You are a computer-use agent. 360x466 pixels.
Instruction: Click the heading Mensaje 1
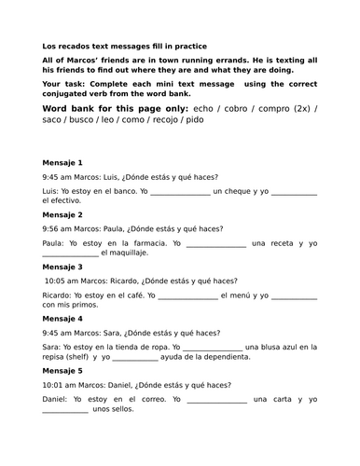click(x=62, y=162)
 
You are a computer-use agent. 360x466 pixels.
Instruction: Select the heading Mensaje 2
click(x=62, y=213)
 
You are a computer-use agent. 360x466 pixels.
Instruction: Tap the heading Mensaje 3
click(x=62, y=267)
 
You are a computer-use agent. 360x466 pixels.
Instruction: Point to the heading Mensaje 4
click(x=62, y=318)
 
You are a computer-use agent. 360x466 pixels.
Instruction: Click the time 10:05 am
click(x=62, y=280)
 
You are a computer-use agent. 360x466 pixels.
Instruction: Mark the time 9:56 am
click(x=59, y=227)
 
